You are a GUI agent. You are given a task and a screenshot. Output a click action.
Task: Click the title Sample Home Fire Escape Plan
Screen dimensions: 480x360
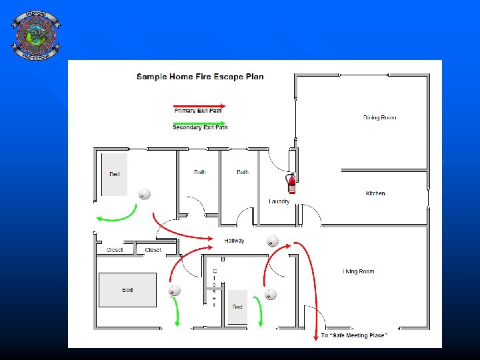click(x=200, y=77)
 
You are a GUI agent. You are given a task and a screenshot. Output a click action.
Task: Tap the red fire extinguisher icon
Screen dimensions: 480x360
click(x=291, y=183)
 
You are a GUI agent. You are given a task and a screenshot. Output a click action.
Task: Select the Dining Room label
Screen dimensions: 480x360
click(x=379, y=117)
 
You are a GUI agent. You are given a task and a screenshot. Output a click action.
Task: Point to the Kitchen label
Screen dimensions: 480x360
click(x=375, y=193)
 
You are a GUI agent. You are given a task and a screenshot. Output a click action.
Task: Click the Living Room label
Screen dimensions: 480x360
click(x=359, y=271)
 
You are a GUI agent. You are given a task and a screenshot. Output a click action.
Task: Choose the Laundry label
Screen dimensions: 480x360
click(x=279, y=201)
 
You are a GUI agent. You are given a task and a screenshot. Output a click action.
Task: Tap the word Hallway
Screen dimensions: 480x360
click(x=234, y=241)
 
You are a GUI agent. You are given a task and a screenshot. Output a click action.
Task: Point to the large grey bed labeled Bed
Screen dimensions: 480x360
click(x=127, y=289)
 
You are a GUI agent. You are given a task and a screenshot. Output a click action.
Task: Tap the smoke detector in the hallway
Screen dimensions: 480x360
click(x=272, y=241)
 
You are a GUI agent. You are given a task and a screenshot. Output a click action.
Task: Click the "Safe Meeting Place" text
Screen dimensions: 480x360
click(x=353, y=335)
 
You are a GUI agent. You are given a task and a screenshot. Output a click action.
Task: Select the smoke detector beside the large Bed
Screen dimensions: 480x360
click(x=175, y=291)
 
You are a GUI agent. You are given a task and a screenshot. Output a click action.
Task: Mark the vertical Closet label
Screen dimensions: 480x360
click(x=214, y=287)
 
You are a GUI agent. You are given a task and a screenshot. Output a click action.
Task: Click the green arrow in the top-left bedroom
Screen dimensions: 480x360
click(x=117, y=214)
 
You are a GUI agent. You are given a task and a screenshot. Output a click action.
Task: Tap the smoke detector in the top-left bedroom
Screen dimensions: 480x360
click(x=144, y=194)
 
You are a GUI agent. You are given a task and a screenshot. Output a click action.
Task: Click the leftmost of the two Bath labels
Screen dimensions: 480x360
click(x=200, y=172)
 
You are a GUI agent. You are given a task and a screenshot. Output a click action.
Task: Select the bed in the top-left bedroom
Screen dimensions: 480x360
click(x=114, y=173)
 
